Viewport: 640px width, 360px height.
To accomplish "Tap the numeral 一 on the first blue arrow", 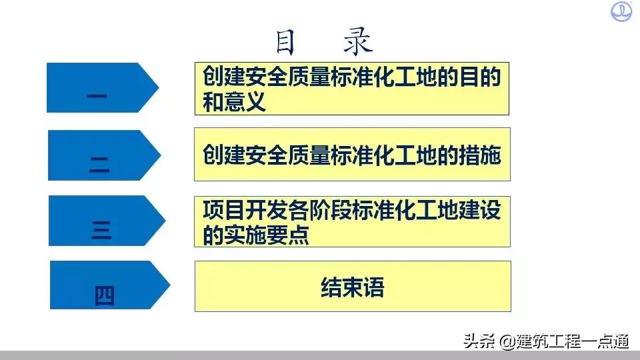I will tap(97, 97).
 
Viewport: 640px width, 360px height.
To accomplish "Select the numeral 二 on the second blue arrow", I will tap(99, 164).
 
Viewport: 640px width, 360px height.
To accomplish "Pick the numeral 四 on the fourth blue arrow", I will tap(105, 295).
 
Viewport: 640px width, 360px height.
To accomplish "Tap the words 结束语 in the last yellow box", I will tap(353, 289).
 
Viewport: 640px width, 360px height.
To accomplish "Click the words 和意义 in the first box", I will tap(234, 103).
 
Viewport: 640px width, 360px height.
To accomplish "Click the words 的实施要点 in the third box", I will tap(256, 235).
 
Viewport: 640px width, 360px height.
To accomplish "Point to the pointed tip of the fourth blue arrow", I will tap(169, 285).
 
